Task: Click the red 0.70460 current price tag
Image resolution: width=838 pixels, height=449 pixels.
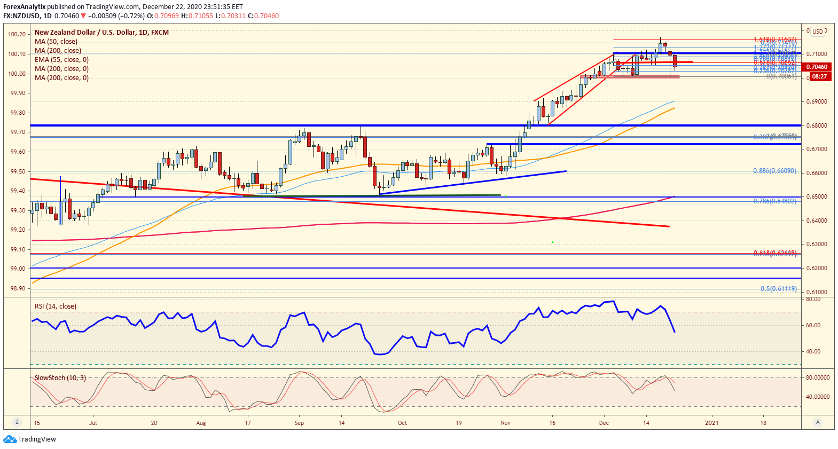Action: coord(817,67)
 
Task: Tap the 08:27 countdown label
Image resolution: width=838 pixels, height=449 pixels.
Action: coord(819,76)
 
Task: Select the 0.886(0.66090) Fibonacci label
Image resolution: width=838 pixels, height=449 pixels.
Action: coord(774,171)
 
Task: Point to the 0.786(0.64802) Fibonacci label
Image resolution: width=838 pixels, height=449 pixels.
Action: coord(774,201)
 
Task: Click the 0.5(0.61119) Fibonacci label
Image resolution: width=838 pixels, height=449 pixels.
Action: coord(778,289)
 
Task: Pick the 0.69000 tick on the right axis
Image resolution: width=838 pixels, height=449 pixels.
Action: coord(817,101)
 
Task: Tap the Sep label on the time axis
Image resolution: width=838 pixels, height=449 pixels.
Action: coord(299,423)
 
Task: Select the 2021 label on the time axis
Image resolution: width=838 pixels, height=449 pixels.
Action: coord(711,423)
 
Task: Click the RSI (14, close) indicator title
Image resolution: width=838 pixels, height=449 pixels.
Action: coord(56,306)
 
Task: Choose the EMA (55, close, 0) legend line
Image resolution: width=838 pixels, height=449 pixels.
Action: coord(61,60)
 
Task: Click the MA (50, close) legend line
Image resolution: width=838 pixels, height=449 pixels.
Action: coord(56,42)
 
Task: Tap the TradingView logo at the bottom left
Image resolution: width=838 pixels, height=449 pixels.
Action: coord(30,439)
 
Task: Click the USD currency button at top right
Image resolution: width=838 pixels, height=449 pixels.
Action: coord(818,31)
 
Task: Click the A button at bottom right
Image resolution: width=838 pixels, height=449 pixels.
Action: coord(817,422)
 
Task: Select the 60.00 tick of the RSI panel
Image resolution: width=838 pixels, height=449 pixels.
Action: coord(813,325)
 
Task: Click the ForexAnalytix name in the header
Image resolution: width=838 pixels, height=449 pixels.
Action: coord(24,7)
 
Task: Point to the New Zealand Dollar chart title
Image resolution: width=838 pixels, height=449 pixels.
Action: coord(101,33)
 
